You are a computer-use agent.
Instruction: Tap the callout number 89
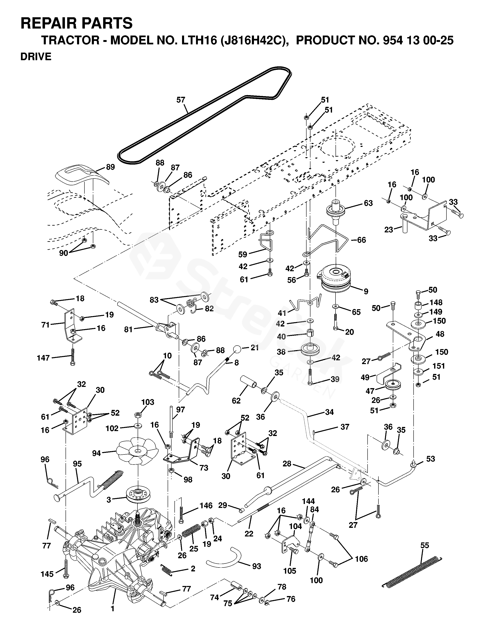(x=111, y=167)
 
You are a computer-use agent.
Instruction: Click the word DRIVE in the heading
(x=36, y=57)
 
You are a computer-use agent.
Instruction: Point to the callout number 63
(x=368, y=203)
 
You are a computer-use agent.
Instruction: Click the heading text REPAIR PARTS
(x=77, y=23)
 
